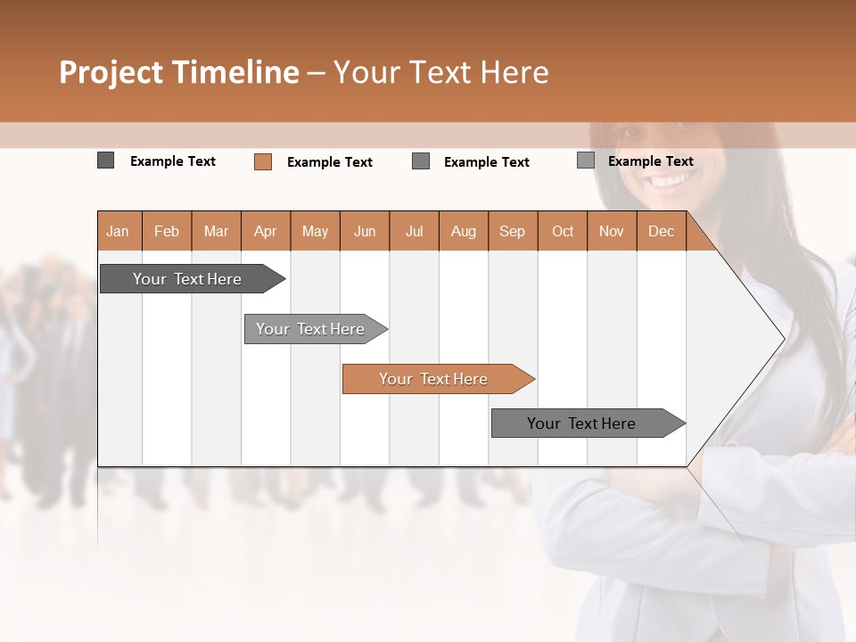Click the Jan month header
click(119, 232)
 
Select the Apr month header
click(266, 232)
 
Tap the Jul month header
click(414, 232)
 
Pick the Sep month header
click(513, 232)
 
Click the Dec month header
click(661, 232)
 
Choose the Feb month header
click(167, 232)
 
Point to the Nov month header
click(612, 232)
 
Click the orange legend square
click(262, 161)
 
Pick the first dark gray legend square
click(105, 160)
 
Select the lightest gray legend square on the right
click(585, 160)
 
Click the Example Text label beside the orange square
click(329, 162)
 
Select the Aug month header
click(464, 232)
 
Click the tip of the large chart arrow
click(783, 338)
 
